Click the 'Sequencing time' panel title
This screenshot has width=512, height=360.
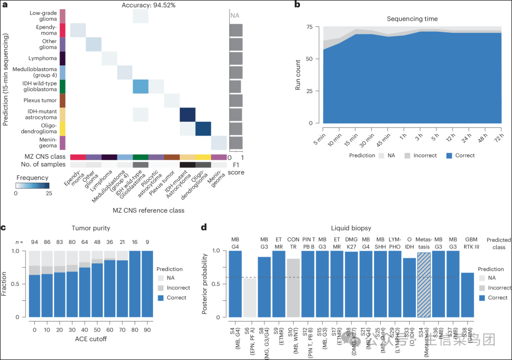pos(412,19)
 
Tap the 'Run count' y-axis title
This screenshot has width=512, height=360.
pos(298,75)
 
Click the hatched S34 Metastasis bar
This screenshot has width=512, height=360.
pos(424,285)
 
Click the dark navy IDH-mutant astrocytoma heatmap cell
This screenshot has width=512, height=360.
pos(187,115)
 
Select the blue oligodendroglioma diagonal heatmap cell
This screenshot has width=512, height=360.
pos(203,129)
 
